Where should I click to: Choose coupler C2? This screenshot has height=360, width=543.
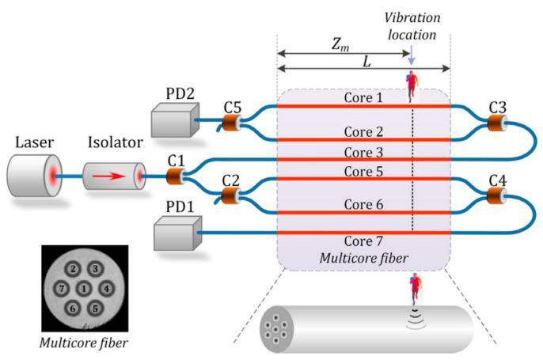coord(230,192)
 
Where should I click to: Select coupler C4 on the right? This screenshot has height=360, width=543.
coord(497,192)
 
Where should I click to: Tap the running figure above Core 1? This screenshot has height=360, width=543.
coord(412,86)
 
